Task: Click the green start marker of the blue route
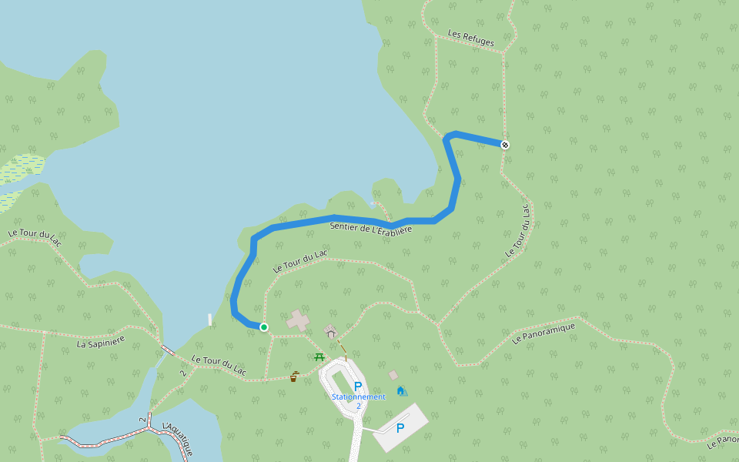point(263,327)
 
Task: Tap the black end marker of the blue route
point(505,145)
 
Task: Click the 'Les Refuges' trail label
point(471,38)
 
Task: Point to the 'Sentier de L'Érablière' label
point(371,228)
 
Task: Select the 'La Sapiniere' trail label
point(101,341)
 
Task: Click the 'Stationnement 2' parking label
point(358,400)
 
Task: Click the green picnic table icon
point(320,357)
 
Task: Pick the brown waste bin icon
point(294,377)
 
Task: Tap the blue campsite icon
point(402,390)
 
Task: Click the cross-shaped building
point(299,320)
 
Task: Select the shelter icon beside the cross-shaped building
point(331,332)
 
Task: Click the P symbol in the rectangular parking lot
point(400,428)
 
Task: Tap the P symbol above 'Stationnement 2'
point(358,386)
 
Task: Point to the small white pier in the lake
point(209,320)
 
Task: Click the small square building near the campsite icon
point(393,375)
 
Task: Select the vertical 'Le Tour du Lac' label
point(519,230)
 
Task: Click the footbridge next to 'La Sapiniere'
point(167,351)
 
